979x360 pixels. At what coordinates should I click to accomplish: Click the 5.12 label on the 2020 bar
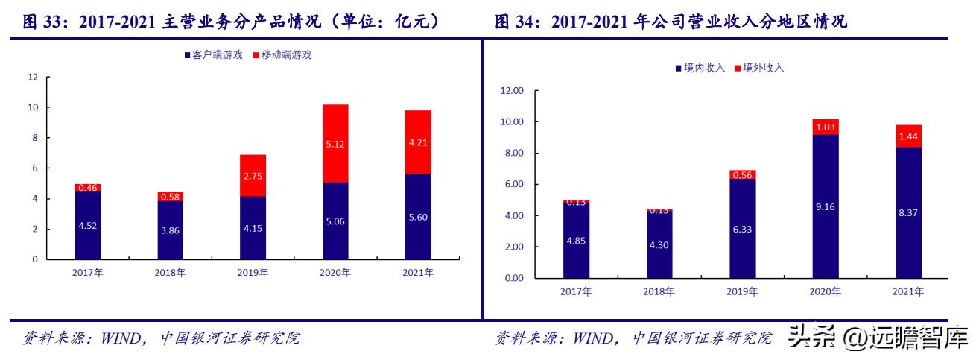(335, 143)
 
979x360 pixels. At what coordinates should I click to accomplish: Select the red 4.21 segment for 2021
(418, 142)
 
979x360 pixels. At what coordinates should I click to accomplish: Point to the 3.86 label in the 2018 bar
(170, 230)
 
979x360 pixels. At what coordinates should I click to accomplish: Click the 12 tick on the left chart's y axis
(32, 77)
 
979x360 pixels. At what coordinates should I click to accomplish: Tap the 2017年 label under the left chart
(88, 273)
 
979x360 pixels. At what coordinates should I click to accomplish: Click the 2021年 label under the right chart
(907, 291)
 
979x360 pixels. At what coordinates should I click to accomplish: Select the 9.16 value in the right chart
(825, 206)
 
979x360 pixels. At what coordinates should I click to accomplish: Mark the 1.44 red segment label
(907, 136)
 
